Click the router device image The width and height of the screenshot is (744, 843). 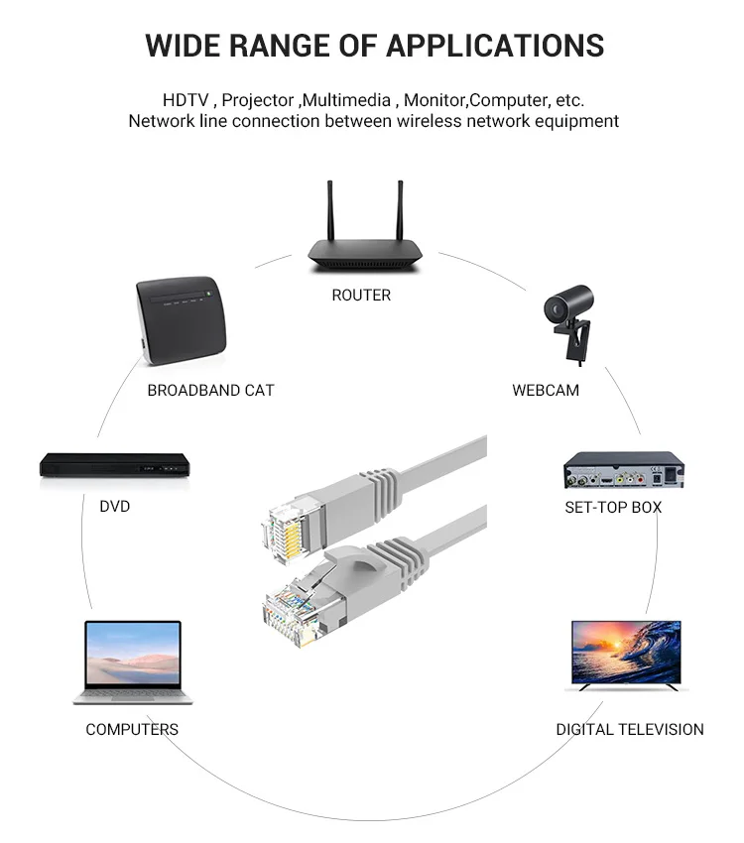tap(363, 254)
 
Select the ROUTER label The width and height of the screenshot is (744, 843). tap(361, 295)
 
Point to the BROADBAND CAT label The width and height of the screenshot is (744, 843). tap(210, 390)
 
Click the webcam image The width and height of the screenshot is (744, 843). tap(570, 317)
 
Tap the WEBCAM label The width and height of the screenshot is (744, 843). tap(546, 390)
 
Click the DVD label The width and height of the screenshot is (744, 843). tap(114, 506)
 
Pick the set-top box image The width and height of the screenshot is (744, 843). tap(624, 470)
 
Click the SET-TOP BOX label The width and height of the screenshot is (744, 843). tap(613, 507)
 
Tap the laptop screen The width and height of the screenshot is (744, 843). tap(133, 655)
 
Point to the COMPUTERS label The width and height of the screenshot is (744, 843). tap(132, 729)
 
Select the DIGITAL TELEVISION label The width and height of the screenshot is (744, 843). tap(629, 729)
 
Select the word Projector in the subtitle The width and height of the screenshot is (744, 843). tap(258, 100)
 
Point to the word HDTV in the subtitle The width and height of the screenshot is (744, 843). tap(186, 100)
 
